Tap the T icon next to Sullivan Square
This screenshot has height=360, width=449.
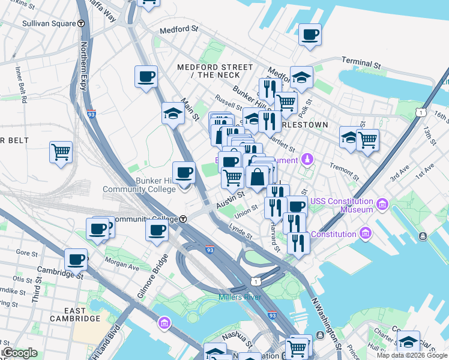[81, 24]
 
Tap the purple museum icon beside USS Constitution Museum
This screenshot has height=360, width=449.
[382, 205]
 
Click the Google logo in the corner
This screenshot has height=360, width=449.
[19, 353]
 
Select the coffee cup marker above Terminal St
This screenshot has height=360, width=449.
[310, 35]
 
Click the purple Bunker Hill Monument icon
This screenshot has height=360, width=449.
[307, 160]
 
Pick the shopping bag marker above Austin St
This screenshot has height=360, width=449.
[257, 178]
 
